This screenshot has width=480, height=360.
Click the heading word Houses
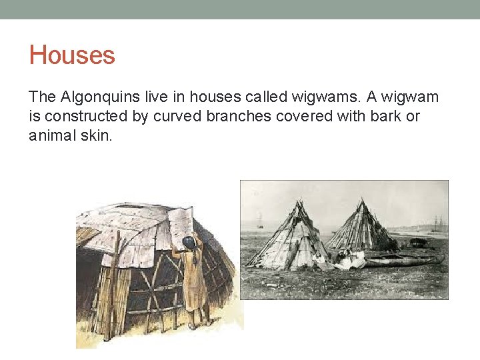pyautogui.click(x=72, y=55)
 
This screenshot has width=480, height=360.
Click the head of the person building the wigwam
pyautogui.click(x=189, y=241)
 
